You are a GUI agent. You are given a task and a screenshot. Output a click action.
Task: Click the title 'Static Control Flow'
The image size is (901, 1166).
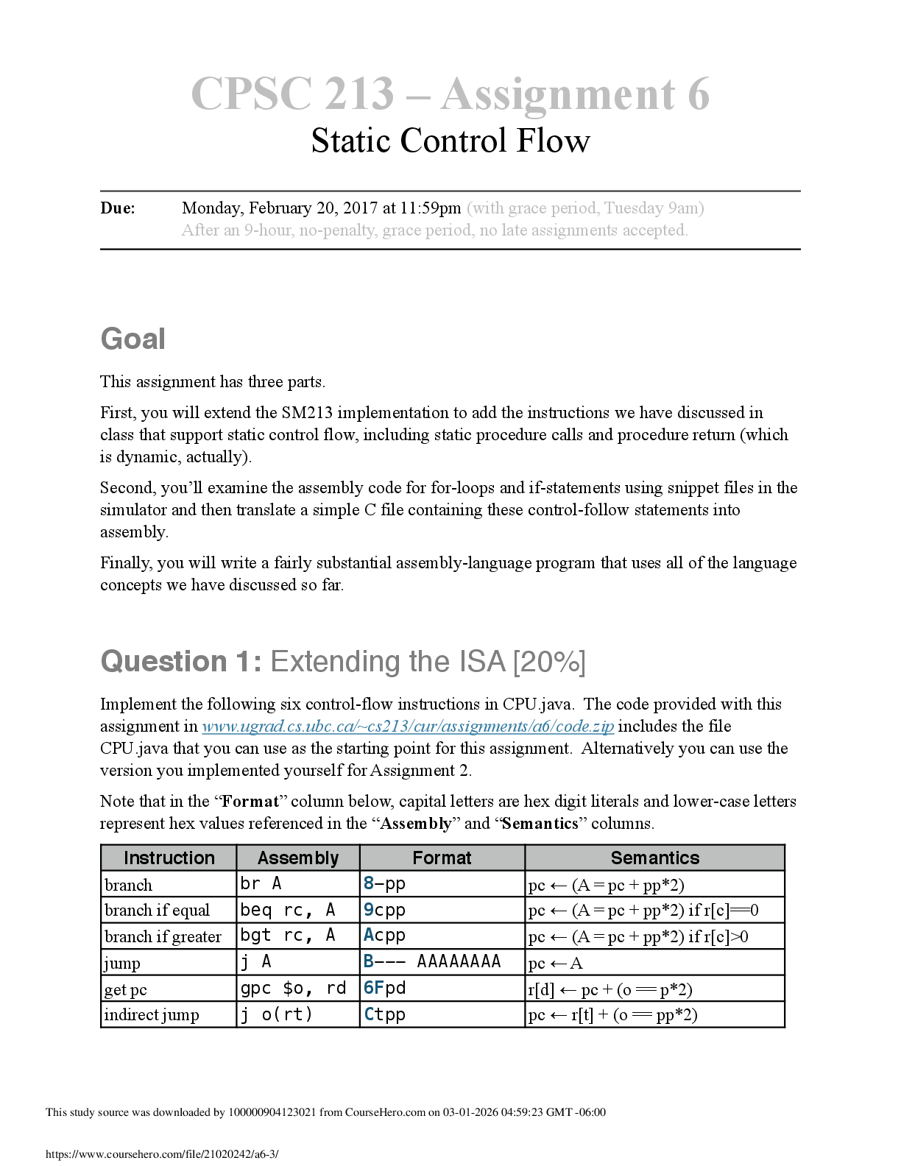click(450, 141)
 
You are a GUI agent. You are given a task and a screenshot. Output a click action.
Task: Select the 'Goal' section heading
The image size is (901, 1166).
click(133, 339)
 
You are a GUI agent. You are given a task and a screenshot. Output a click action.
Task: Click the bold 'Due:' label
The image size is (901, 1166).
click(118, 208)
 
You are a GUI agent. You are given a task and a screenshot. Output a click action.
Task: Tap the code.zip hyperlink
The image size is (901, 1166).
click(408, 727)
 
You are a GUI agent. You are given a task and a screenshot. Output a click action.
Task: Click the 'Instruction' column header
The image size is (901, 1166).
click(169, 858)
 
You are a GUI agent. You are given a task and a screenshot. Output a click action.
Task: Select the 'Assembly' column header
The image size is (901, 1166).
click(298, 858)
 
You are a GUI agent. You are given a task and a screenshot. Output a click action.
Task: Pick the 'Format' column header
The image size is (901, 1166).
click(442, 858)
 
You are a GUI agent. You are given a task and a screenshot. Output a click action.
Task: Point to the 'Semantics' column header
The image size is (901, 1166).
click(654, 858)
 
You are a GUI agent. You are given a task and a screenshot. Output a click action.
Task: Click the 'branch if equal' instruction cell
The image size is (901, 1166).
click(158, 911)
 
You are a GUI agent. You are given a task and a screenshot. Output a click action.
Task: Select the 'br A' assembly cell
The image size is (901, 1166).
click(261, 883)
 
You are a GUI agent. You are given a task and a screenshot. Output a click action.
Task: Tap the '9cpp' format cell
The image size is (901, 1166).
click(385, 911)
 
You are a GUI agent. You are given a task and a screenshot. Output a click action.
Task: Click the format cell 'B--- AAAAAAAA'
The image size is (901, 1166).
click(432, 962)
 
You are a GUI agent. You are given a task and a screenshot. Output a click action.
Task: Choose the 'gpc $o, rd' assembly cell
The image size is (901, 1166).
click(293, 989)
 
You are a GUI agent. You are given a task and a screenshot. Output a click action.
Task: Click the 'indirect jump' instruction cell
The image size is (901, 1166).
click(152, 1015)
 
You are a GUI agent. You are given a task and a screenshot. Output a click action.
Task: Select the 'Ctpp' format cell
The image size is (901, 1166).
click(385, 1015)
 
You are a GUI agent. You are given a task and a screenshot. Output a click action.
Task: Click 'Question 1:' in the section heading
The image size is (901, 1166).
click(181, 662)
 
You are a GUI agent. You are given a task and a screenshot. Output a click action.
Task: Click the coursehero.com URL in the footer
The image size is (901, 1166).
click(162, 1154)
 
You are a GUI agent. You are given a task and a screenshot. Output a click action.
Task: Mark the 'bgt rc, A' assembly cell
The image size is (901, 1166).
click(288, 936)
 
